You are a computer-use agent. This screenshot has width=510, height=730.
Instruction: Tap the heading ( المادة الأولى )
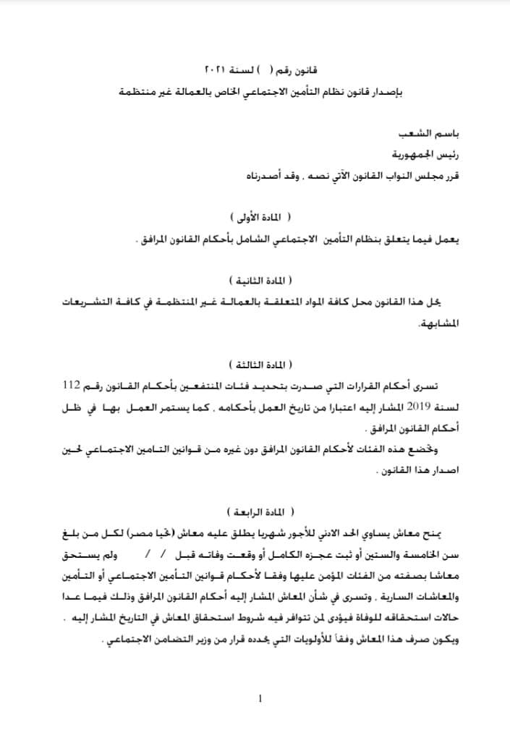coord(260,217)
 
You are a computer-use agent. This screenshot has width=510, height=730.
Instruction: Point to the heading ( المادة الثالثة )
coord(260,363)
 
